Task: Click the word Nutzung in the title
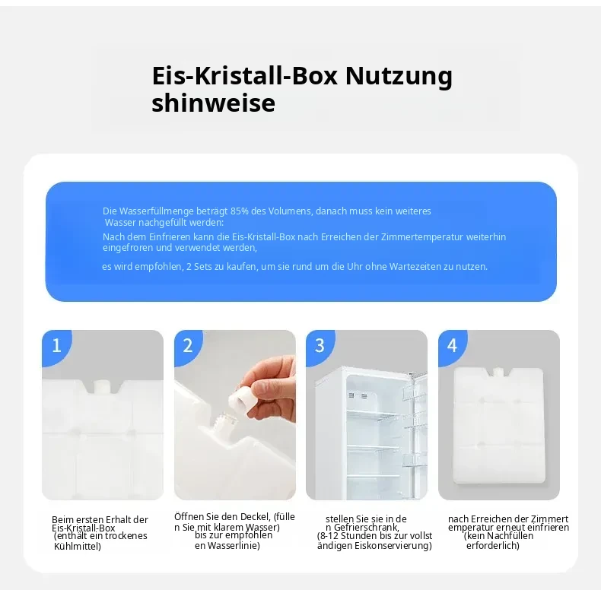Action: (x=399, y=77)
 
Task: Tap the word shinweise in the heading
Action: (x=214, y=103)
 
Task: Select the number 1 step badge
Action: (x=56, y=347)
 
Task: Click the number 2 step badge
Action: (x=188, y=347)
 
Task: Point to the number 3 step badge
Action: (x=320, y=347)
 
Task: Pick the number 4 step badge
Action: (x=453, y=347)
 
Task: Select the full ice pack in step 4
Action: (x=498, y=425)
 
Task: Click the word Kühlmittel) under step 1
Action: (x=78, y=547)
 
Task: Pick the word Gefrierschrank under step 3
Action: (x=366, y=528)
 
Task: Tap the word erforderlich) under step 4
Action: (x=493, y=546)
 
